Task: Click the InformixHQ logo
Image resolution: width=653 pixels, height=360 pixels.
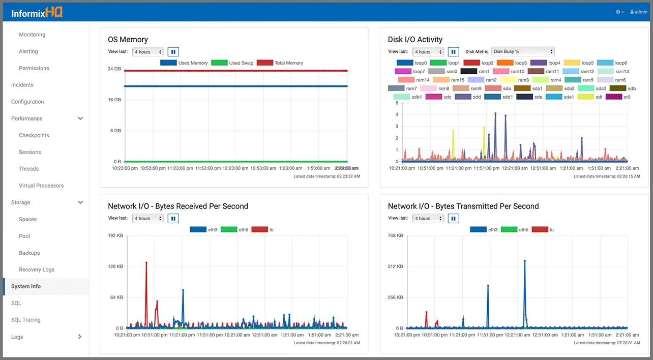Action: tap(37, 12)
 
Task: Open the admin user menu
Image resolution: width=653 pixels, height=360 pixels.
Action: tap(638, 12)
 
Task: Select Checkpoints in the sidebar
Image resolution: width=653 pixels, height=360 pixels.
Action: tap(34, 135)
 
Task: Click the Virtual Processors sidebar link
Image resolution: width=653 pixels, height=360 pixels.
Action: tap(41, 186)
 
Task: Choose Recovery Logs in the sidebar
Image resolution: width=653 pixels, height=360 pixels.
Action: tap(37, 269)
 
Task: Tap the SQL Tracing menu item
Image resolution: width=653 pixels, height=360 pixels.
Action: tap(25, 320)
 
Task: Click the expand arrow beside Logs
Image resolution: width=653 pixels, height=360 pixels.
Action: tap(80, 337)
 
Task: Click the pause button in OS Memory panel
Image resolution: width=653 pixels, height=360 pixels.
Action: tap(173, 51)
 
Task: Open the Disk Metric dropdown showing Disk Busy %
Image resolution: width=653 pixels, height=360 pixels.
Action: tap(523, 51)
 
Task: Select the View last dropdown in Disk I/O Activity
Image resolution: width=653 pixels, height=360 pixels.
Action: tap(429, 51)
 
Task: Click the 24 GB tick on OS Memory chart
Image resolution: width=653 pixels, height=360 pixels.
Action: tap(114, 69)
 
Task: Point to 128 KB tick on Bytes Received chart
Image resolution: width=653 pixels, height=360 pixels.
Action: tap(113, 266)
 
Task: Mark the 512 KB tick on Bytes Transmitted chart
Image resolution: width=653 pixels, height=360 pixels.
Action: tap(395, 266)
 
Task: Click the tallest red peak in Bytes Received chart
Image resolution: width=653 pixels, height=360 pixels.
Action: tap(146, 263)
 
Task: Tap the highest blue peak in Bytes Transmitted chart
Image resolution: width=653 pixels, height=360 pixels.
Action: tap(524, 261)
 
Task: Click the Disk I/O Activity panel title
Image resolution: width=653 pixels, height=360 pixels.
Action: tap(415, 39)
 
